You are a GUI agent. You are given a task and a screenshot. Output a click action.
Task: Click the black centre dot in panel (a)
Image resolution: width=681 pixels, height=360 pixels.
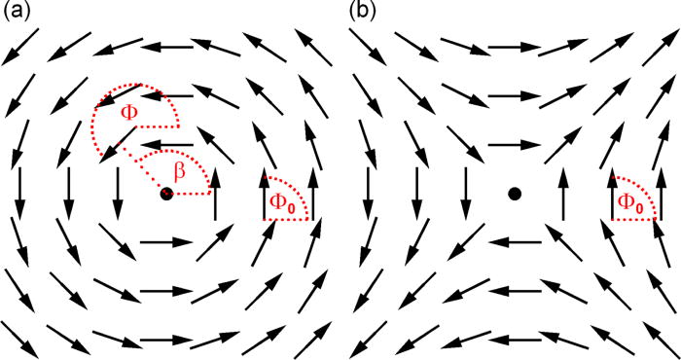166,195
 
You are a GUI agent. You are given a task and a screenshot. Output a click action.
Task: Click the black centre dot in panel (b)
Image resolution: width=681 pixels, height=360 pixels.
515,195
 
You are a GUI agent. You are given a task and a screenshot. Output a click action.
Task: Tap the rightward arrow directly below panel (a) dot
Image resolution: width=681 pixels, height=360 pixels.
165,241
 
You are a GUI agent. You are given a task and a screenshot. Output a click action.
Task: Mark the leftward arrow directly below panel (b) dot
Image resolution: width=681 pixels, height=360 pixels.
515,241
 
